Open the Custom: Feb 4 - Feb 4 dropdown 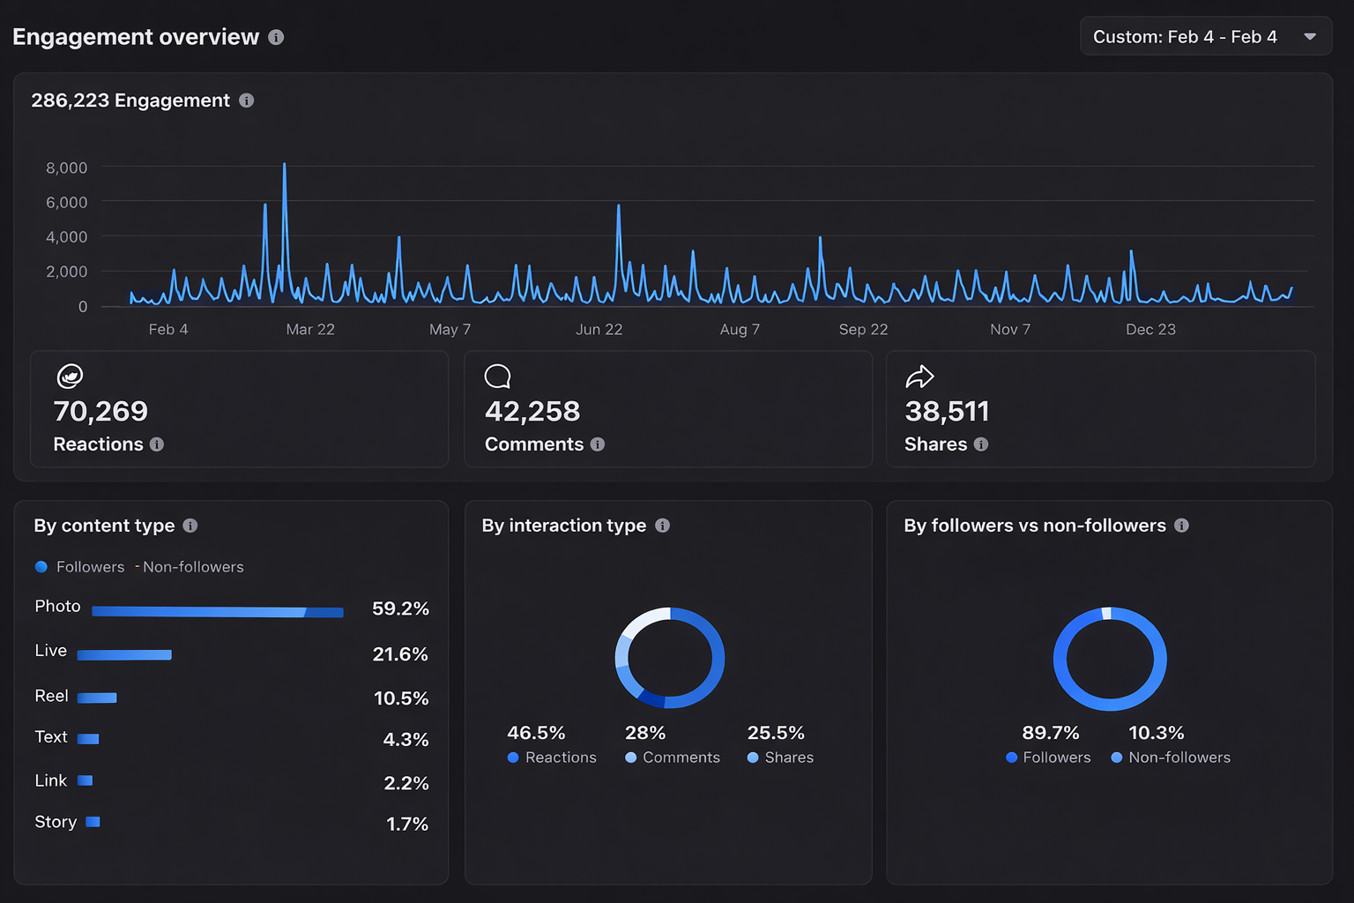[x=1204, y=37]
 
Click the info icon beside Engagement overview [x=276, y=37]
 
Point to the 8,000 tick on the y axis [x=67, y=168]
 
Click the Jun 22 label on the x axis [x=599, y=329]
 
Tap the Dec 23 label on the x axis [x=1150, y=329]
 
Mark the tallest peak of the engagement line [x=284, y=165]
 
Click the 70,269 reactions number [x=100, y=411]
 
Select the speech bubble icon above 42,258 [x=497, y=377]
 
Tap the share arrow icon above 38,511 [x=919, y=377]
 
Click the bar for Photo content [x=217, y=611]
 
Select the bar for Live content [x=124, y=654]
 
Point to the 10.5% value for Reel [x=401, y=698]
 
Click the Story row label [x=56, y=822]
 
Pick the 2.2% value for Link [x=406, y=783]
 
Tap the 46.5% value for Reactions [x=536, y=733]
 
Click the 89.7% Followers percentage [x=1051, y=733]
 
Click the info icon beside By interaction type [x=663, y=526]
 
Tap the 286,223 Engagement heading [x=130, y=101]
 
